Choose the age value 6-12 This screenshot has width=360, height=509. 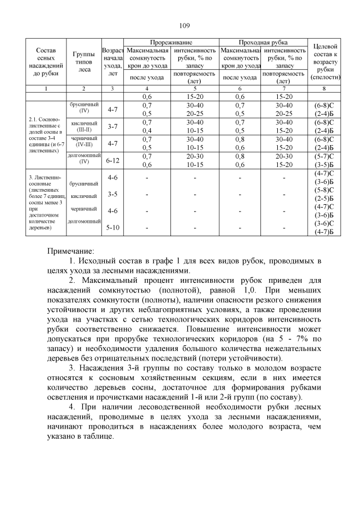click(112, 161)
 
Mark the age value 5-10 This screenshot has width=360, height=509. click(112, 227)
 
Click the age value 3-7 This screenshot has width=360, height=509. click(112, 126)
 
